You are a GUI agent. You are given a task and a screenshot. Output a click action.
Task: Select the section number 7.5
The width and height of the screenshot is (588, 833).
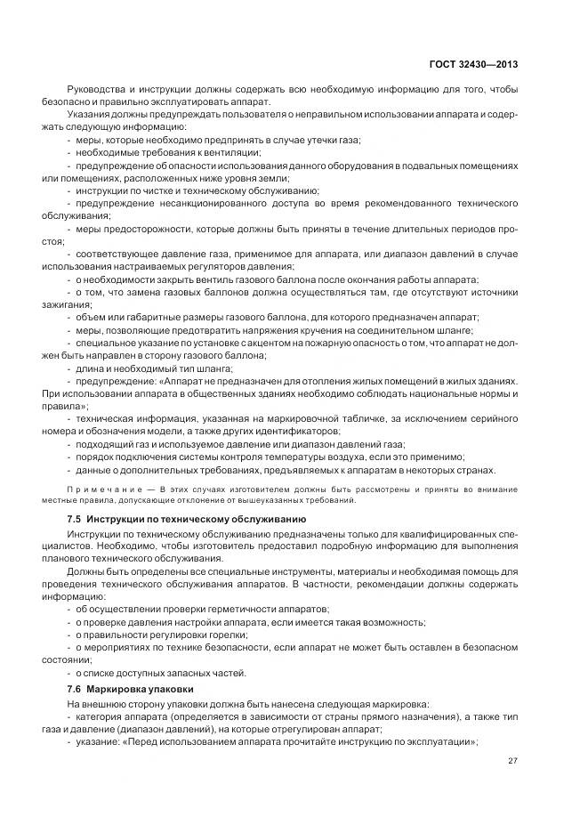pos(75,518)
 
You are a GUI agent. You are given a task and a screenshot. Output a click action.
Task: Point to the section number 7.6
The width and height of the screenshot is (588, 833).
pos(75,690)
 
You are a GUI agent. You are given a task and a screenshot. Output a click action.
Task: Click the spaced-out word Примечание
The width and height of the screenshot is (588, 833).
pos(95,489)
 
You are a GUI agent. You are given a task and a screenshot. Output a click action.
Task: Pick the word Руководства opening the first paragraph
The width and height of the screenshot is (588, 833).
pos(94,90)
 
